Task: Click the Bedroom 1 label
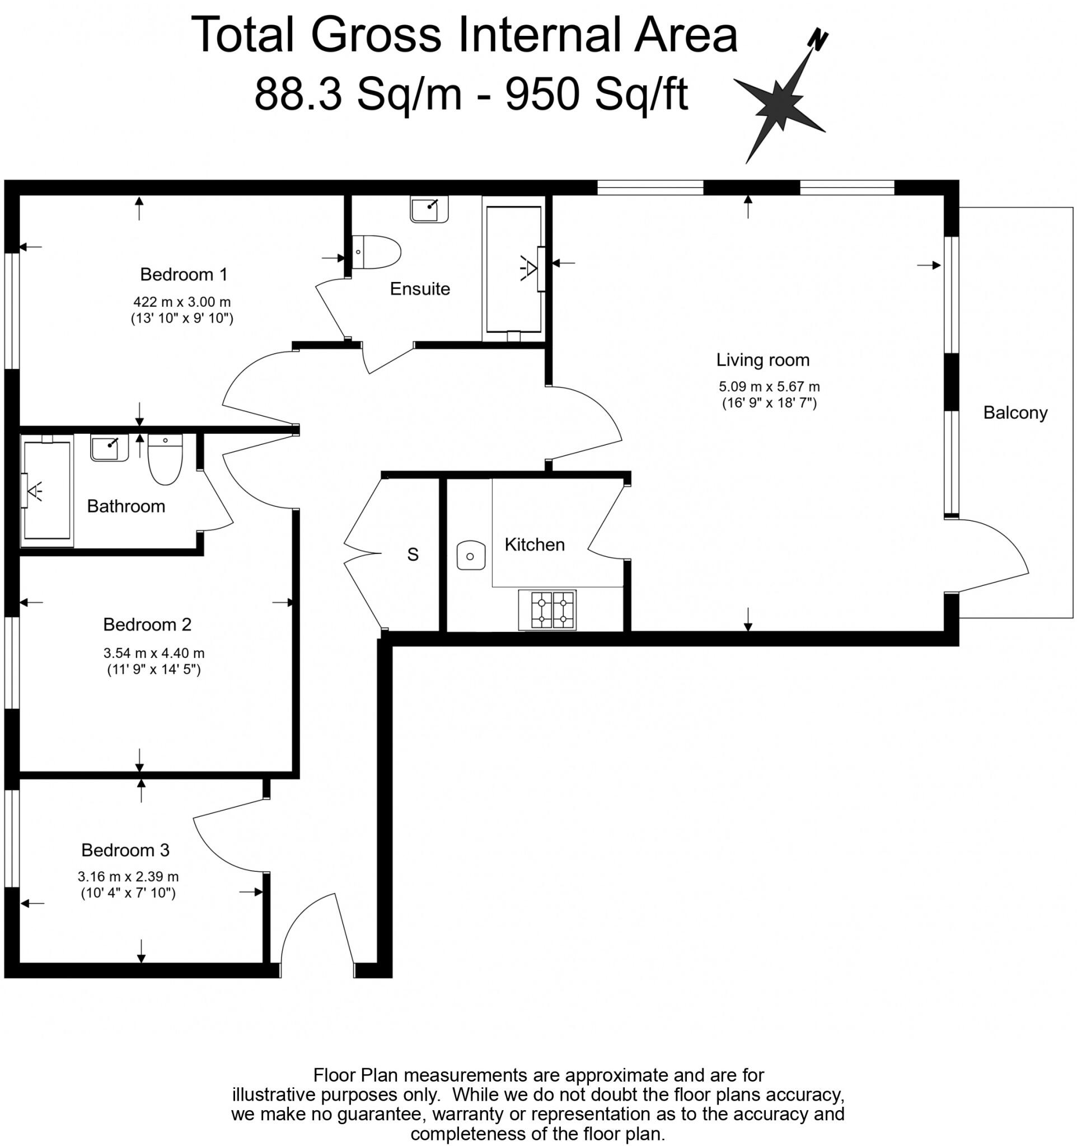click(x=184, y=274)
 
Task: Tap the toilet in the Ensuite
click(x=376, y=252)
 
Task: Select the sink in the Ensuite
click(x=428, y=209)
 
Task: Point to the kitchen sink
click(x=470, y=556)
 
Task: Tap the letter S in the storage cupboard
click(x=413, y=555)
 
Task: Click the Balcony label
click(x=1015, y=413)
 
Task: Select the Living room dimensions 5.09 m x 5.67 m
click(x=769, y=387)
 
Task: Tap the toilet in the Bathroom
click(x=166, y=459)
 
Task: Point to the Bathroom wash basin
click(x=109, y=448)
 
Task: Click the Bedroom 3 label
click(x=125, y=851)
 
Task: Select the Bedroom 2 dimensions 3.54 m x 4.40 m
click(x=154, y=653)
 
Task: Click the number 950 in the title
click(x=542, y=95)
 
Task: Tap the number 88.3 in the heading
click(x=297, y=95)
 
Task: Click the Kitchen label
click(x=535, y=545)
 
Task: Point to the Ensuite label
click(x=420, y=289)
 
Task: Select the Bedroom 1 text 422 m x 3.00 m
click(x=182, y=302)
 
